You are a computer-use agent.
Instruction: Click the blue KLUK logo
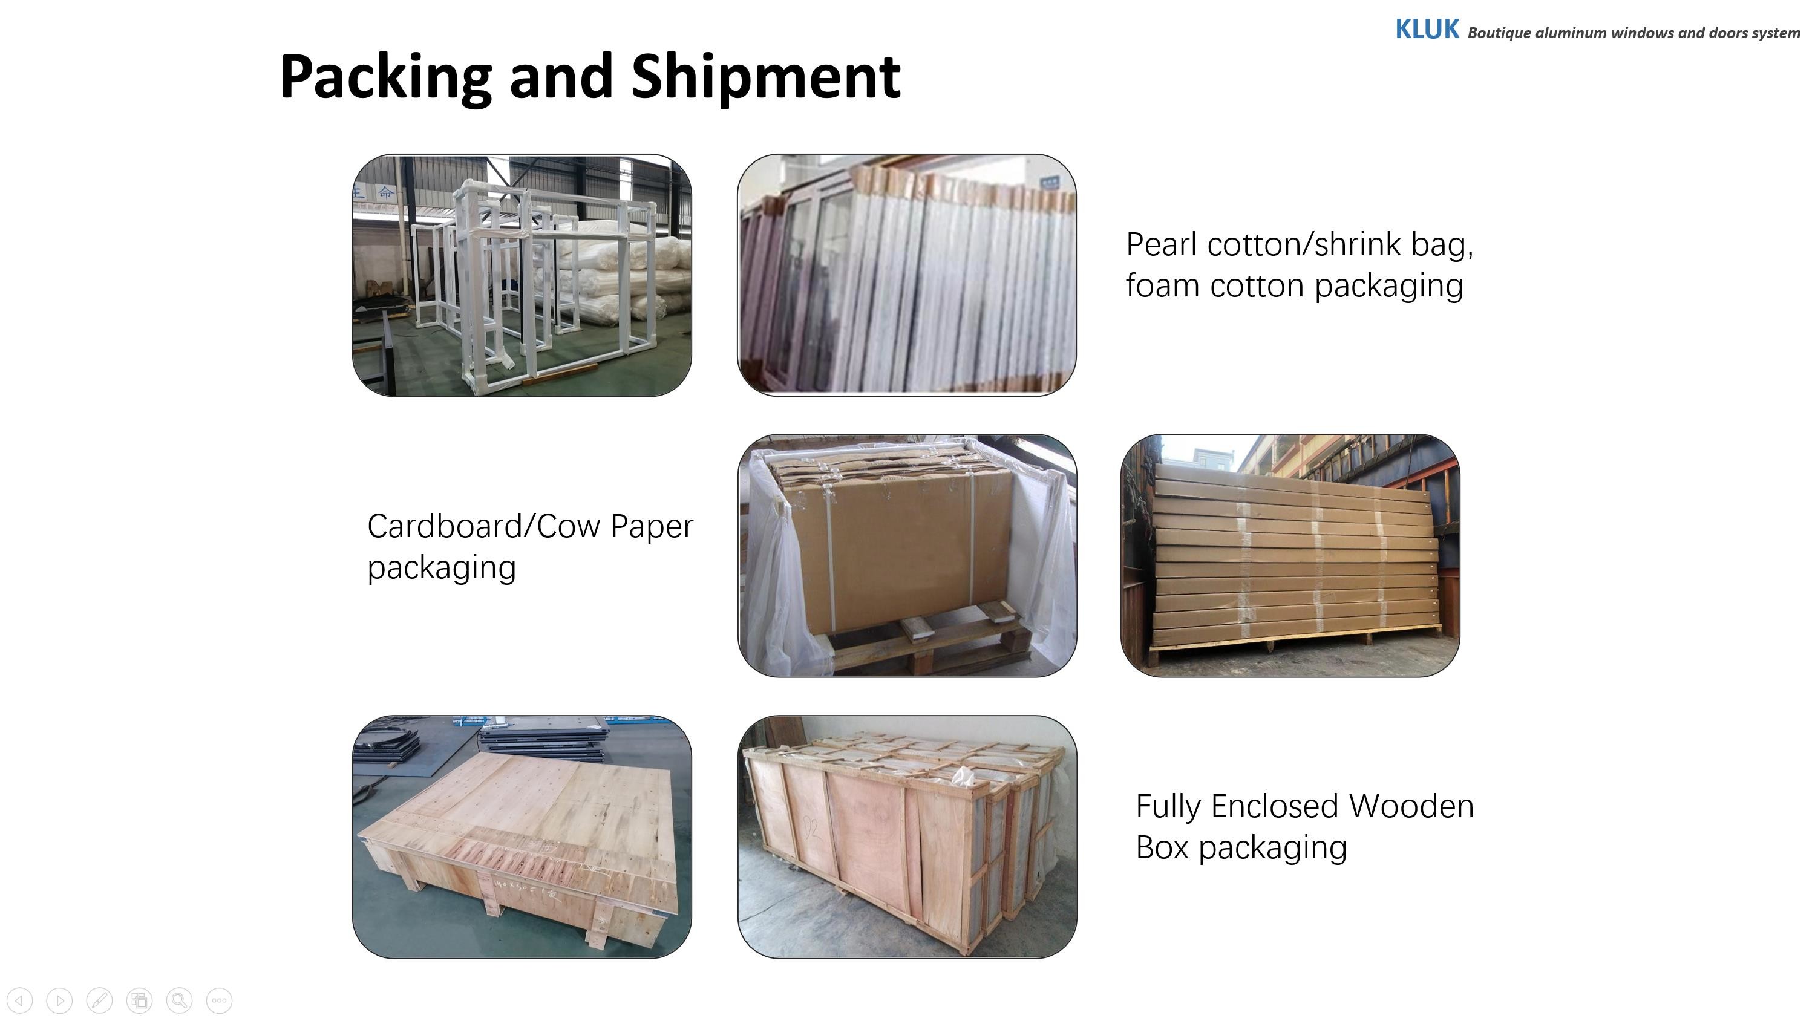[x=1427, y=30]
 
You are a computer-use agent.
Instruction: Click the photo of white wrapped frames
[x=522, y=275]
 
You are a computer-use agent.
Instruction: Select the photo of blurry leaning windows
[x=907, y=275]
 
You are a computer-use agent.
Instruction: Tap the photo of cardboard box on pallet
[x=907, y=556]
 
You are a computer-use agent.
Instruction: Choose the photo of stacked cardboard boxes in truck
[x=1290, y=556]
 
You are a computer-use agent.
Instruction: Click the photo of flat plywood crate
[x=522, y=837]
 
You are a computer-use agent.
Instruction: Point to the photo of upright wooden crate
[x=907, y=837]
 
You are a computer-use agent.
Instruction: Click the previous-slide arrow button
[x=20, y=1000]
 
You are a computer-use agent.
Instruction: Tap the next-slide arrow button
[x=60, y=1000]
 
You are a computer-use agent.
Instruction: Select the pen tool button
[x=99, y=1000]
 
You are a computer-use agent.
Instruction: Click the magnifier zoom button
[x=180, y=1000]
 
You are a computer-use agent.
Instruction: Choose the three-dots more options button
[x=219, y=1000]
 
